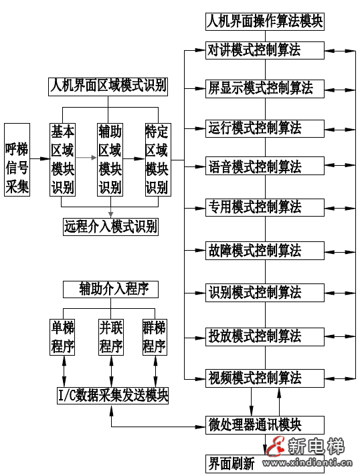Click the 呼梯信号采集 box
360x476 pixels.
pos(17,160)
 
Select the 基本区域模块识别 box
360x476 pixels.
pos(63,160)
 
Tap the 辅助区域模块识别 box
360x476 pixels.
pos(110,160)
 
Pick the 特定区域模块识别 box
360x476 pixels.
pos(157,160)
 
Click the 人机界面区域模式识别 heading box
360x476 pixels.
pos(108,86)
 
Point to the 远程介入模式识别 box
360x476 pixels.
pos(111,227)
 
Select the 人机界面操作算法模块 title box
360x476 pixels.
pos(265,21)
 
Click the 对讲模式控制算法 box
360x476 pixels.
pos(265,50)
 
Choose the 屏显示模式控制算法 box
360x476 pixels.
pos(265,88)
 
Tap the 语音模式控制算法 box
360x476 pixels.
pos(265,166)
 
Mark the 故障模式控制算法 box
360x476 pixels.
pos(265,251)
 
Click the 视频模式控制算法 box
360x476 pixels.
pos(265,377)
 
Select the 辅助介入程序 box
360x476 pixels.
pos(111,289)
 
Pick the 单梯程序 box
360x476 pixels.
pos(64,338)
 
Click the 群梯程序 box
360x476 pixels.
pos(155,338)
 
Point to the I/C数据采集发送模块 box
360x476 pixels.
pos(112,396)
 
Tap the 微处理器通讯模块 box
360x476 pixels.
pos(265,425)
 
